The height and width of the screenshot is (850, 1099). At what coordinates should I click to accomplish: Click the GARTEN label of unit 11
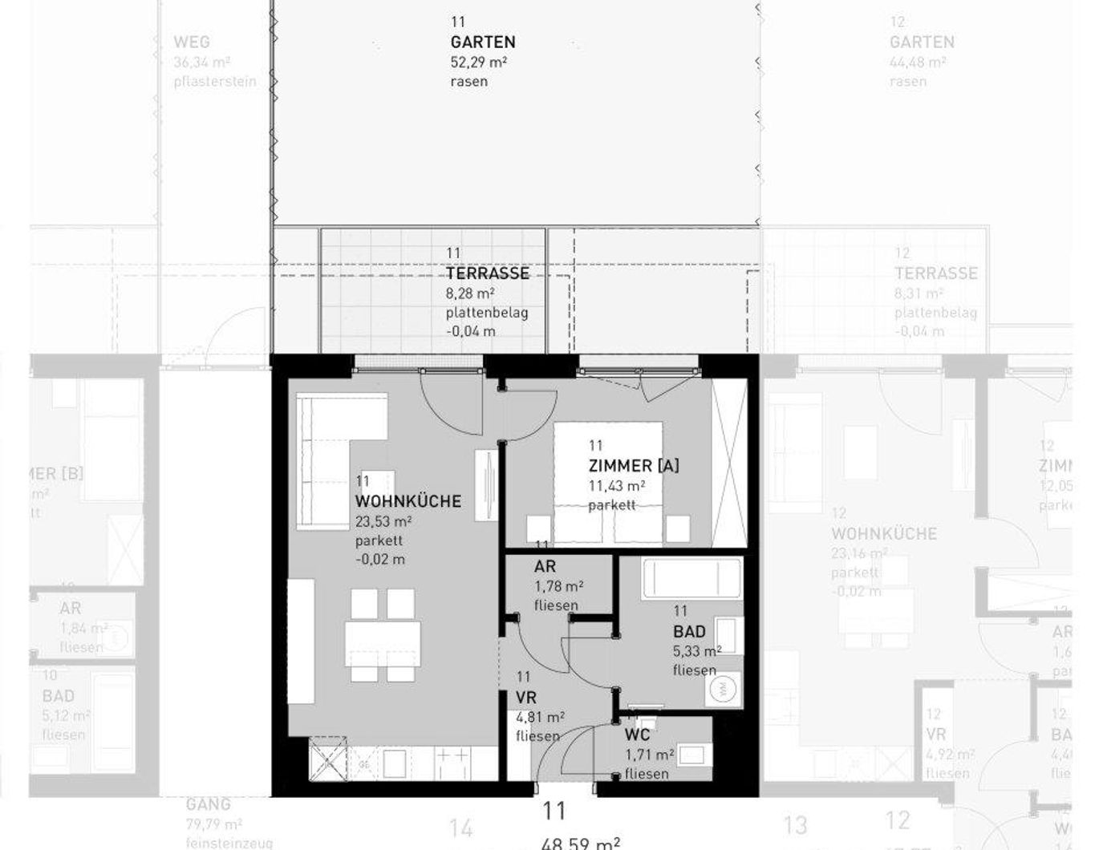482,42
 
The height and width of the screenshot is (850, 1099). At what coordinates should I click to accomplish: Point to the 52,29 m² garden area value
478,62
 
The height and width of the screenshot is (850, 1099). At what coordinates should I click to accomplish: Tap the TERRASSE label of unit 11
488,273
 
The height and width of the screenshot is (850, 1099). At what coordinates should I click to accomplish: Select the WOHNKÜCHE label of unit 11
408,501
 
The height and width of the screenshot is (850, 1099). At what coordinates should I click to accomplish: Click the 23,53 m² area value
383,521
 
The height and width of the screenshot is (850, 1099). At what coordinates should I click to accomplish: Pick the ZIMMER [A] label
633,466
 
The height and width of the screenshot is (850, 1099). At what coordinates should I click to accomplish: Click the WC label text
637,735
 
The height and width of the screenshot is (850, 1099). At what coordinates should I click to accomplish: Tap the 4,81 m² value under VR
540,717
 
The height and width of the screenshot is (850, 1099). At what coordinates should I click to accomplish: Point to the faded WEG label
191,42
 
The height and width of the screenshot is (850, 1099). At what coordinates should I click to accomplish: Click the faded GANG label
208,804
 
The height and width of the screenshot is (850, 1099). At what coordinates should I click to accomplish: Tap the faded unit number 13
794,824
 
